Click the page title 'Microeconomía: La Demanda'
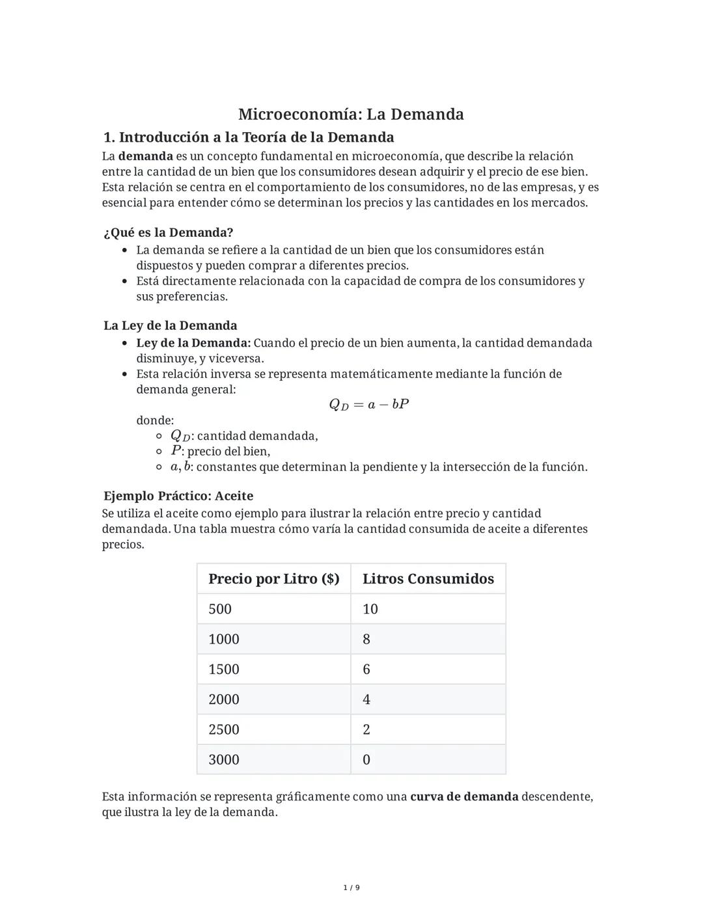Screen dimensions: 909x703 (x=351, y=115)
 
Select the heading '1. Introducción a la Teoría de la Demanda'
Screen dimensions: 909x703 (x=249, y=137)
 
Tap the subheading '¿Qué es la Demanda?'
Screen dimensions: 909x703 (x=168, y=232)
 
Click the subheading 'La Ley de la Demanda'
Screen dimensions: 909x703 (x=170, y=325)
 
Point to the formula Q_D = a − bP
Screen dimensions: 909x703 (x=368, y=405)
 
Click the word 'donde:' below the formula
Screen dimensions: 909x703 (x=155, y=420)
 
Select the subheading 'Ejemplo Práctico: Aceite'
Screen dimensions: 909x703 (x=178, y=496)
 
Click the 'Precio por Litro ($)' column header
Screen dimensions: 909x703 (x=273, y=579)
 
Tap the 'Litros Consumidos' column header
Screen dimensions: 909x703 (x=428, y=579)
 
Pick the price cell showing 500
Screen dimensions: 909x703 (x=220, y=609)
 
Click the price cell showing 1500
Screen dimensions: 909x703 (x=224, y=670)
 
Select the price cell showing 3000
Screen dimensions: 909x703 (x=224, y=760)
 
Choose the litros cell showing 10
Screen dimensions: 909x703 (x=370, y=609)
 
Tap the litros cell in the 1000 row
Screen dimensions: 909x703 (x=366, y=640)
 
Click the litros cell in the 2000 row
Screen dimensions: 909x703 (x=366, y=699)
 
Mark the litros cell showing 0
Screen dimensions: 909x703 (x=366, y=760)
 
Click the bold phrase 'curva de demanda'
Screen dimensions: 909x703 (x=464, y=797)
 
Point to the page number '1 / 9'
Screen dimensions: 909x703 (x=351, y=888)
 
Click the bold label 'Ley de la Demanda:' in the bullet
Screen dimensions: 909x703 (x=193, y=343)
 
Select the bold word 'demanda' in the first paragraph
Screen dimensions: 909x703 (x=146, y=156)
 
